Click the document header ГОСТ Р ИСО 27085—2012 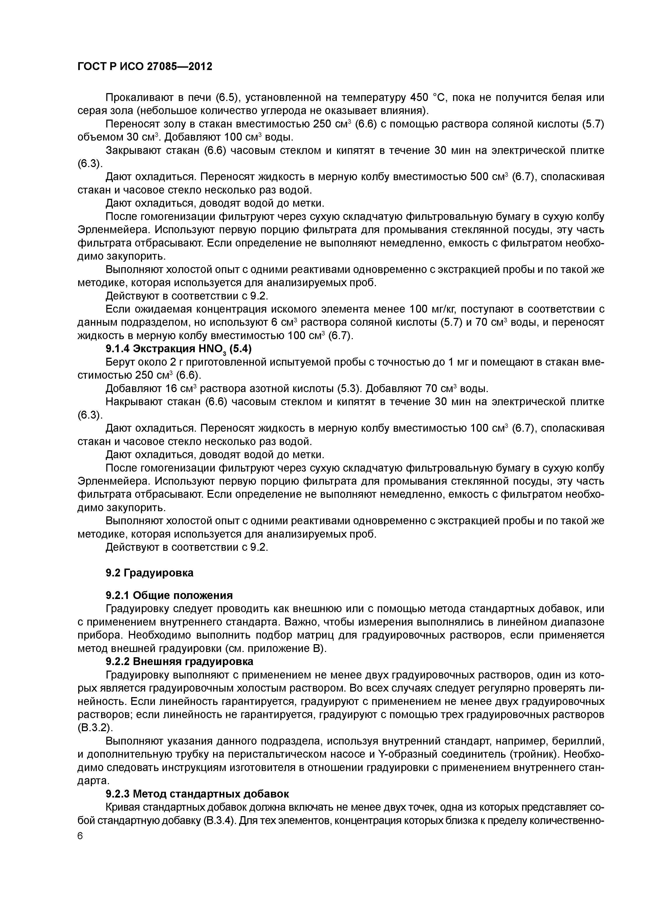[144, 67]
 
